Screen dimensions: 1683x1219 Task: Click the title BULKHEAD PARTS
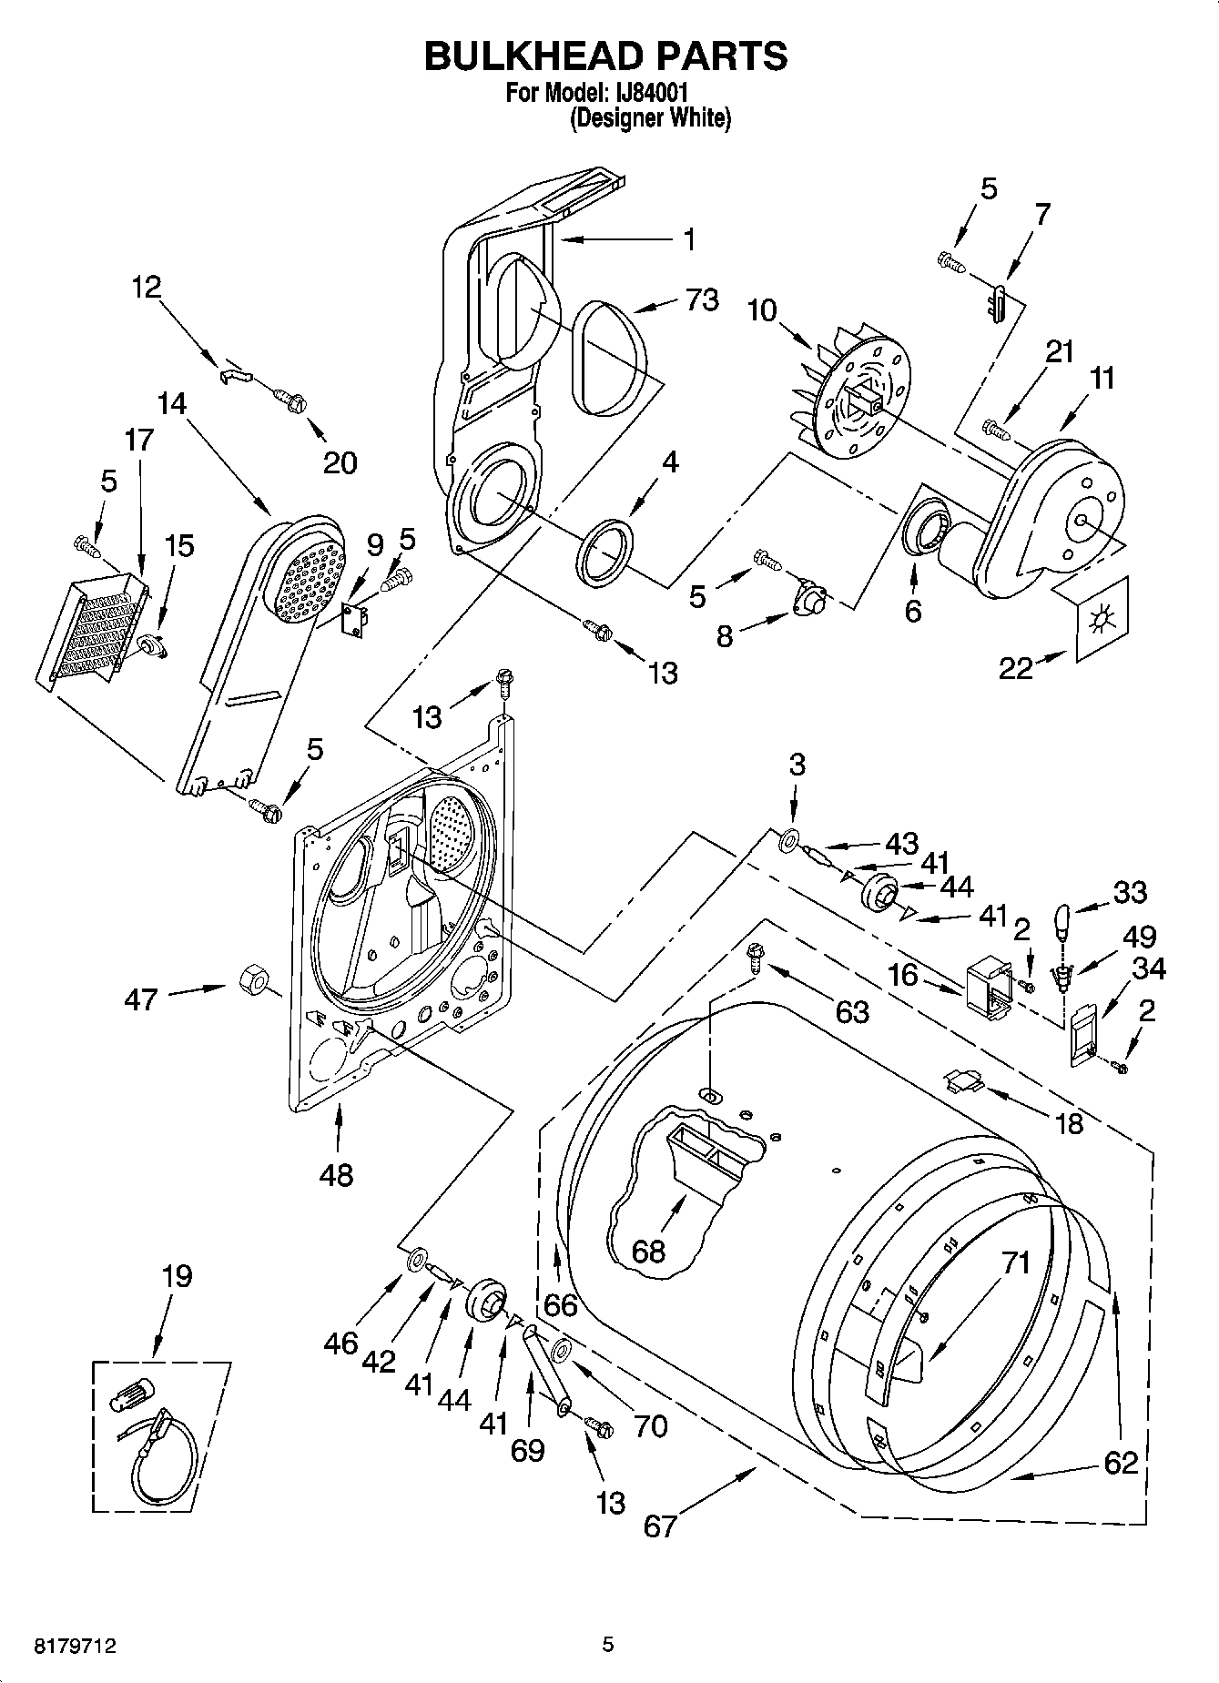click(x=606, y=56)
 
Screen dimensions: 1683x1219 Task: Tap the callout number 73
click(x=702, y=299)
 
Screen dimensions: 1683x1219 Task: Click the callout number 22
click(x=1016, y=669)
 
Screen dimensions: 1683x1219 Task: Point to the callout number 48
click(x=336, y=1175)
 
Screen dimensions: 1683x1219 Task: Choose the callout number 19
click(x=177, y=1276)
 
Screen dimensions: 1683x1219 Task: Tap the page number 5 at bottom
click(x=607, y=1645)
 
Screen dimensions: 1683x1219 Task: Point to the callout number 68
click(x=648, y=1252)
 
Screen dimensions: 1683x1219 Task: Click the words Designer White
click(x=650, y=118)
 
